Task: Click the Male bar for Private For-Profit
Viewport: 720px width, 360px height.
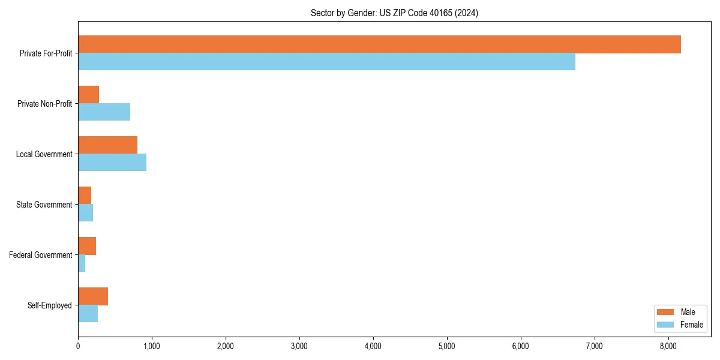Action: [379, 44]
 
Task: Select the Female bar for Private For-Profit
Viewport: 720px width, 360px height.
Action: [326, 61]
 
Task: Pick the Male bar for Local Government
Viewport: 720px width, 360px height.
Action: [107, 145]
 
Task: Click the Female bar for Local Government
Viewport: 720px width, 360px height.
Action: [112, 162]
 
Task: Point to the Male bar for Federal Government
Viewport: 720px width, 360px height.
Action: [87, 246]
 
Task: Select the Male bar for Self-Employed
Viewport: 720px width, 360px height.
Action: [93, 296]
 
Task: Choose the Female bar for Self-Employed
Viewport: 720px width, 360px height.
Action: [88, 313]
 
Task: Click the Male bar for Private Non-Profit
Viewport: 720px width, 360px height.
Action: [88, 95]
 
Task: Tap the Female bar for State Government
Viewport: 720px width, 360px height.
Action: [85, 212]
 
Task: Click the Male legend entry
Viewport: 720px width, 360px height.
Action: [679, 312]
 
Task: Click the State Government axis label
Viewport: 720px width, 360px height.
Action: [44, 205]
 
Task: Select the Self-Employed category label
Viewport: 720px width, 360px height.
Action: [49, 305]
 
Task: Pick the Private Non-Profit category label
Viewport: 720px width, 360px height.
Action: [44, 104]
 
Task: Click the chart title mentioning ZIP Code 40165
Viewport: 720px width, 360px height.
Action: [394, 13]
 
